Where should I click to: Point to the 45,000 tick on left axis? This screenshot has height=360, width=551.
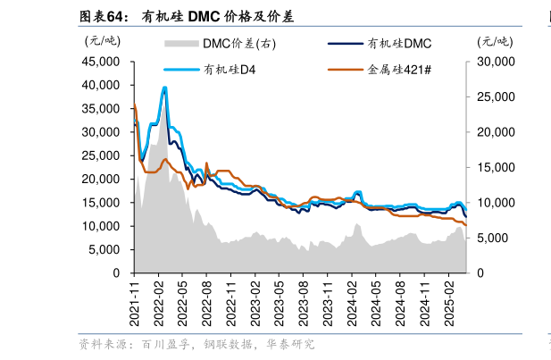pyautogui.click(x=101, y=62)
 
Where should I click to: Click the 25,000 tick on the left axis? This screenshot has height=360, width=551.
pyautogui.click(x=101, y=155)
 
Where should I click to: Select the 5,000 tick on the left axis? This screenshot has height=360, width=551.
pyautogui.click(x=104, y=249)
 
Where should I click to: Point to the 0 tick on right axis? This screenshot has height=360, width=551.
pyautogui.click(x=481, y=272)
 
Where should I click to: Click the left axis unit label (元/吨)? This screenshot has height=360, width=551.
pyautogui.click(x=102, y=40)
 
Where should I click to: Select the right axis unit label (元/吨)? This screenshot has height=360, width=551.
pyautogui.click(x=497, y=40)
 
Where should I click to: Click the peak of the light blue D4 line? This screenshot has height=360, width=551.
pyautogui.click(x=164, y=88)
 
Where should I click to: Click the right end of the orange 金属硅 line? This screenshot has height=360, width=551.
pyautogui.click(x=466, y=224)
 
